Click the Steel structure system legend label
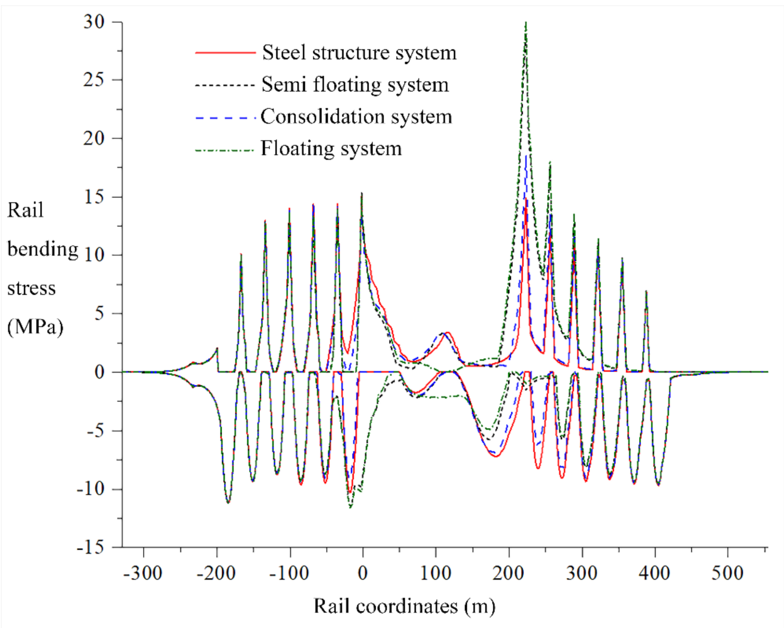click(359, 53)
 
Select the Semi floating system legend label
click(355, 85)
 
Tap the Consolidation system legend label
click(356, 116)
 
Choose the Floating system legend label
click(331, 149)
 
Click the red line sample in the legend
click(225, 53)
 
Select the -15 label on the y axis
click(90, 547)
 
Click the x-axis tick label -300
click(143, 573)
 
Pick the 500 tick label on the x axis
click(727, 573)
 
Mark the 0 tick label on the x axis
click(363, 573)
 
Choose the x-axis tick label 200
click(508, 573)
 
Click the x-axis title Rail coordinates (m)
click(404, 607)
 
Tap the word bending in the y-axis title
click(43, 250)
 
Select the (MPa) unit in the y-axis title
click(35, 326)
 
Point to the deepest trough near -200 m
click(228, 502)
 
